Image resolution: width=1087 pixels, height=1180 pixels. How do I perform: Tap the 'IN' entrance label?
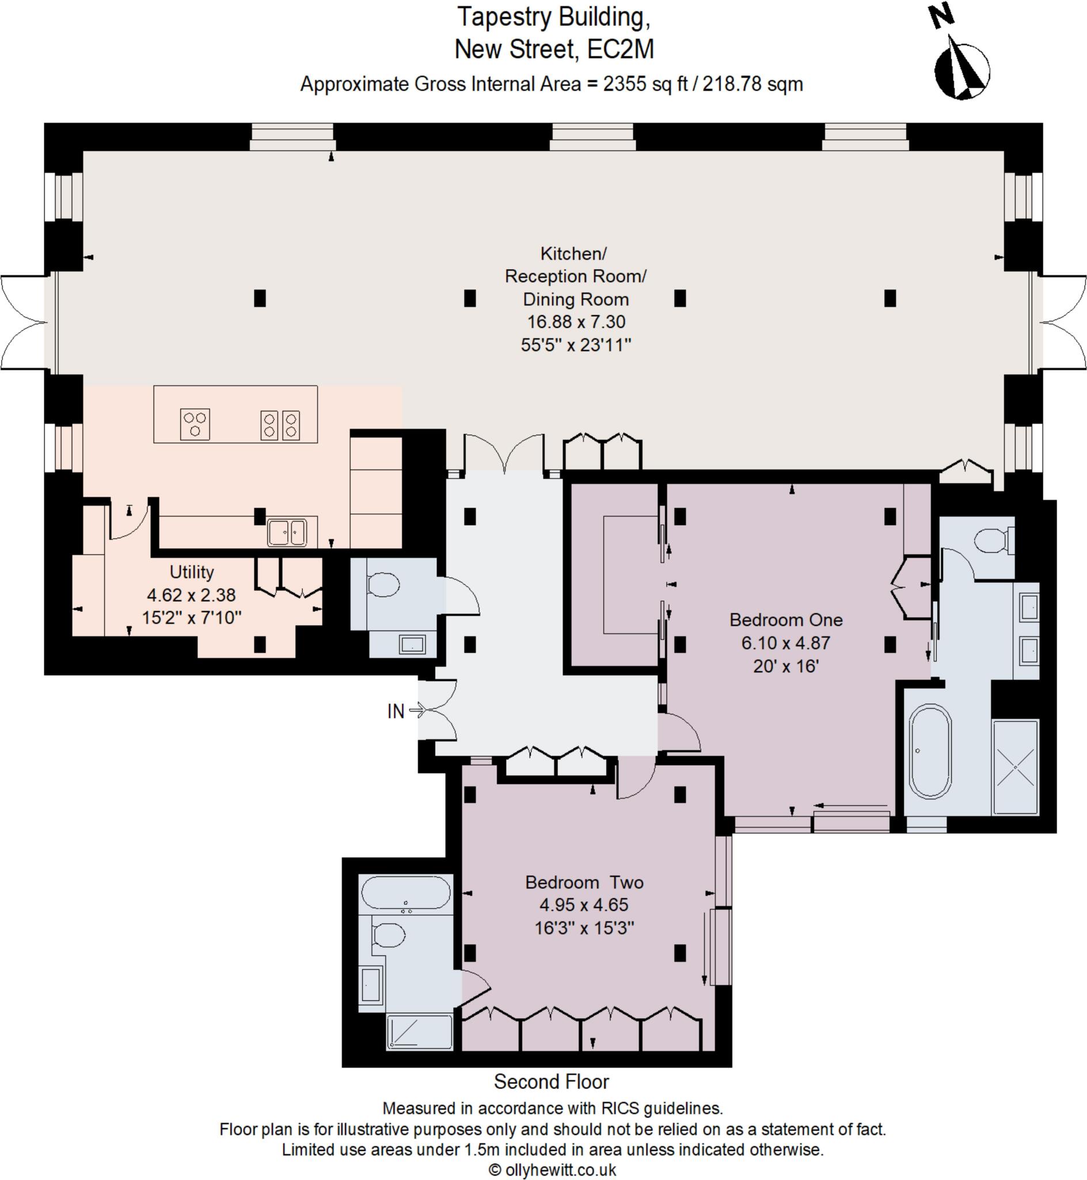click(396, 712)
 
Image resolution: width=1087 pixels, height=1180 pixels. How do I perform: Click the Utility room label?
click(192, 572)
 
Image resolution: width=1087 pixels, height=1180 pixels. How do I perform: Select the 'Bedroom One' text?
click(786, 620)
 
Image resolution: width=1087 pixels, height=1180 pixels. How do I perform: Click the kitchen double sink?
click(287, 532)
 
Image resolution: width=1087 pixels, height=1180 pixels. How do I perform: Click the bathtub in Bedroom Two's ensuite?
click(406, 893)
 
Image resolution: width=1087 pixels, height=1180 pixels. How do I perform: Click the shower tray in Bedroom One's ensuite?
click(1015, 767)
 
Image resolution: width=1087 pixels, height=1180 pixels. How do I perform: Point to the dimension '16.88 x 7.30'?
click(576, 322)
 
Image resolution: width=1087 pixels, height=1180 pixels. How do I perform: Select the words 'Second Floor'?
click(551, 1081)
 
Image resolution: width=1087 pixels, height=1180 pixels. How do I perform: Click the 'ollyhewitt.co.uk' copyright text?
click(553, 1170)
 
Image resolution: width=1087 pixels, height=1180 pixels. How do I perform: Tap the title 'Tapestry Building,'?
click(554, 18)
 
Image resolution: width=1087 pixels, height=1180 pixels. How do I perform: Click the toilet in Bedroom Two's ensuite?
click(388, 935)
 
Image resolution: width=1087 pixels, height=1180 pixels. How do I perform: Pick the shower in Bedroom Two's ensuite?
click(419, 1031)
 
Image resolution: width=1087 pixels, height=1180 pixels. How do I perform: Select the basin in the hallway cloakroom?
click(413, 644)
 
